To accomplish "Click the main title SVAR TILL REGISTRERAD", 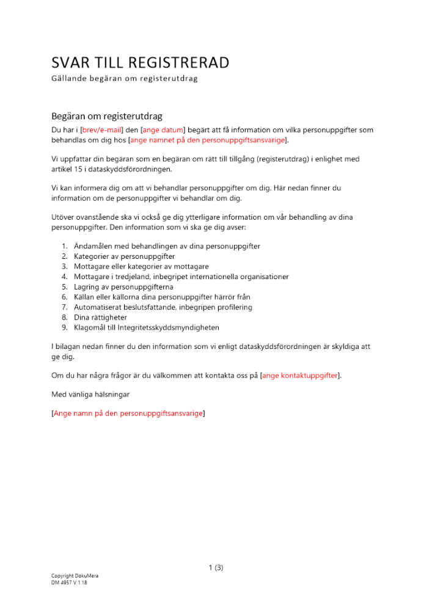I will click(x=140, y=62).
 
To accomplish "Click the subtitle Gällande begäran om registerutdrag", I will click(x=125, y=79).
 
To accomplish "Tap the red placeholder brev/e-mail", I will click(x=102, y=130).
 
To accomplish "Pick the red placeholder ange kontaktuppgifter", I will click(x=299, y=375).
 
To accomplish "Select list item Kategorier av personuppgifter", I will click(x=125, y=256).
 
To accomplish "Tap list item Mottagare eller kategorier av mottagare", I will click(x=141, y=266).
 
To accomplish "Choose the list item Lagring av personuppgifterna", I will click(x=123, y=286).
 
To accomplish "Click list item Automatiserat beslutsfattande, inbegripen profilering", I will click(x=163, y=307).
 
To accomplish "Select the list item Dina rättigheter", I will click(x=100, y=317).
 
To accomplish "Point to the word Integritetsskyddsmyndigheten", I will click(x=167, y=327).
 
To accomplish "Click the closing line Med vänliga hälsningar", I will click(x=90, y=394).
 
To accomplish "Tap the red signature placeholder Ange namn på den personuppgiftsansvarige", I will click(x=128, y=414).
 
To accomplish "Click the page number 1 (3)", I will click(x=216, y=567).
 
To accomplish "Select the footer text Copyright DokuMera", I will click(x=75, y=577).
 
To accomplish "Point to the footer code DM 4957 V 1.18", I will click(x=69, y=583).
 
